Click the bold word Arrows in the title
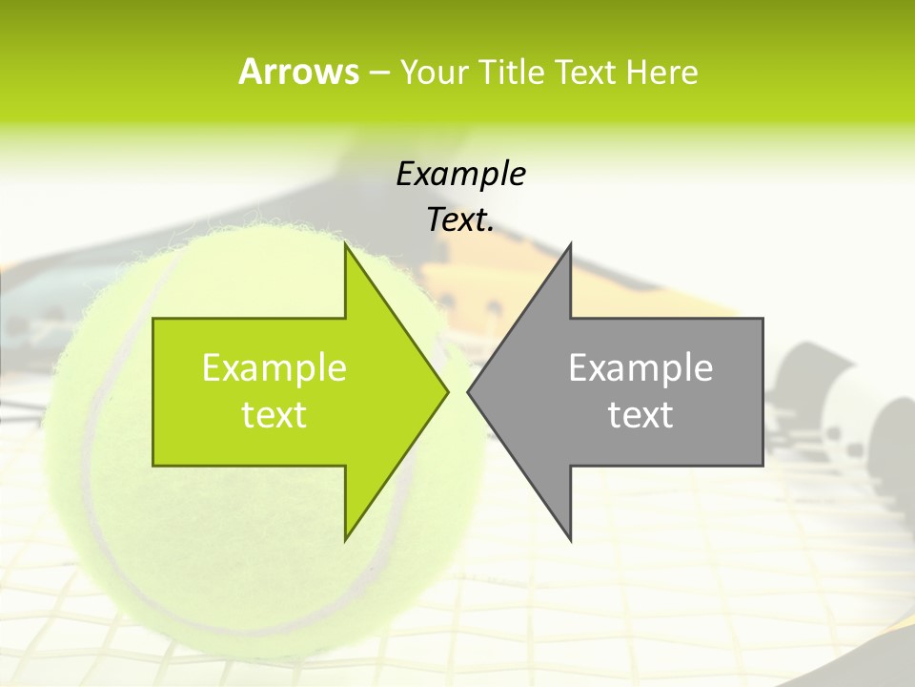(298, 72)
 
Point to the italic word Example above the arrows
(460, 175)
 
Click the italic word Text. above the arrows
(460, 220)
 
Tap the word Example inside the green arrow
(274, 368)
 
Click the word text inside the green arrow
(274, 415)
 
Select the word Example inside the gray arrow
(640, 368)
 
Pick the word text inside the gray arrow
(640, 415)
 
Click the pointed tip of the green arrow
(447, 391)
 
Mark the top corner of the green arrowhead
(347, 245)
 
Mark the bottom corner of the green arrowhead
(347, 539)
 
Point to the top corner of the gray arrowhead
(570, 245)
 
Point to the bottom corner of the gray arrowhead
(570, 539)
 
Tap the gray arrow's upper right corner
(762, 319)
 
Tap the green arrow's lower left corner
(153, 465)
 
